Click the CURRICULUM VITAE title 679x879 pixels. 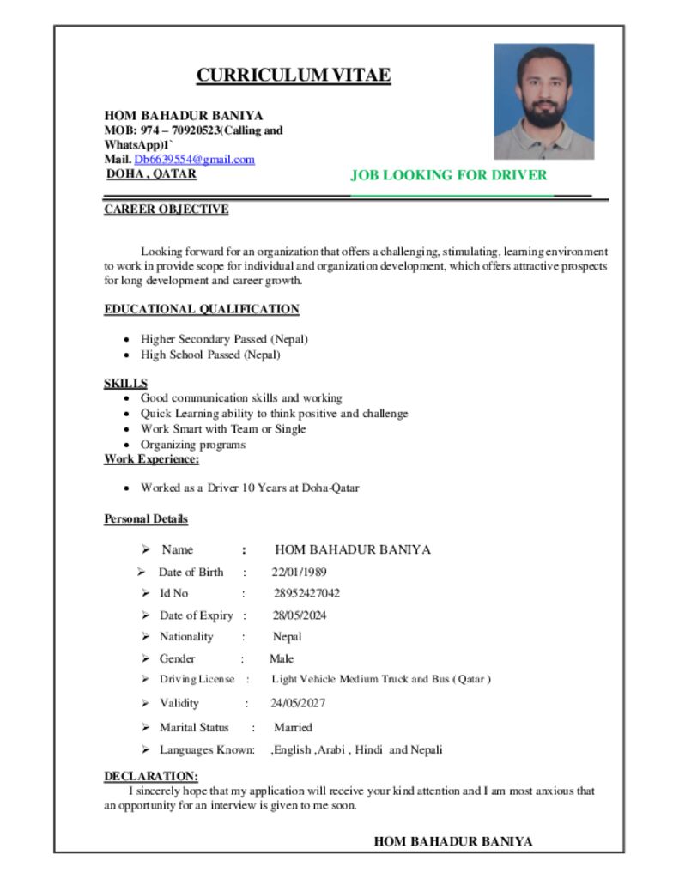pos(294,76)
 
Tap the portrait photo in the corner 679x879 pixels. pos(543,101)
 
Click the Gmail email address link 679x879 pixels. pos(195,160)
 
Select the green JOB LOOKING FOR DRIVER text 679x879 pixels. pos(448,175)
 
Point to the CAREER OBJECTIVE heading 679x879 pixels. pos(167,209)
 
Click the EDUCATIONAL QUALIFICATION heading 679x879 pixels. pos(202,309)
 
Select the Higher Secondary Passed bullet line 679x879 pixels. pos(224,339)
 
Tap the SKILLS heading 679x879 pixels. pos(125,383)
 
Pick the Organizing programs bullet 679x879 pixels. pos(193,445)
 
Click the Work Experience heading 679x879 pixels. pos(152,459)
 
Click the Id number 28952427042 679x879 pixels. pos(306,593)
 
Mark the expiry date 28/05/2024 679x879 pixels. pos(300,615)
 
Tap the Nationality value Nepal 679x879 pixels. pos(287,637)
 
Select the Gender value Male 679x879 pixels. pos(282,659)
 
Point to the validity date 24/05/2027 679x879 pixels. pos(298,703)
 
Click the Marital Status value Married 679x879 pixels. pos(293,727)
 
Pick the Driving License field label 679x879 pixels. pos(197,680)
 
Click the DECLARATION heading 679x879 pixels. pos(151,776)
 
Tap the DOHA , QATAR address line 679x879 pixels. pos(151,174)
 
